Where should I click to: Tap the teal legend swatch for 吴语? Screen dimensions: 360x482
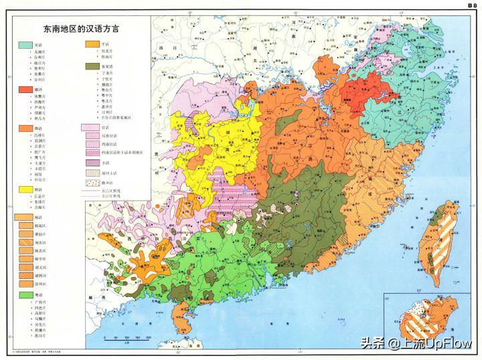[24, 44]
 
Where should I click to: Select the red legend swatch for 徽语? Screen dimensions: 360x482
[24, 90]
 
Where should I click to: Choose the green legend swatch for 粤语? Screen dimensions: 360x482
[24, 294]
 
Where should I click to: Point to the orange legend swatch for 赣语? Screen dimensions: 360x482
[24, 128]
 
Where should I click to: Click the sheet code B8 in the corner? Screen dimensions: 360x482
[471, 5]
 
